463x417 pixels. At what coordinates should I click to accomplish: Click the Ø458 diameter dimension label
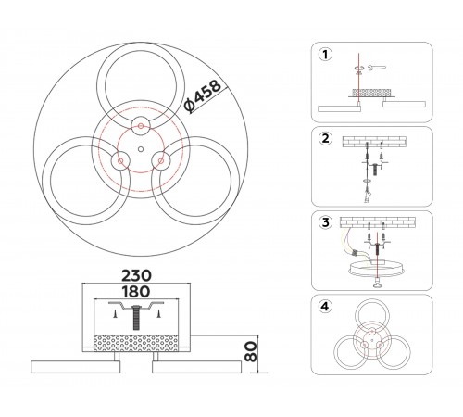click(x=203, y=96)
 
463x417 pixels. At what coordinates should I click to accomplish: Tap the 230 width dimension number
click(x=136, y=275)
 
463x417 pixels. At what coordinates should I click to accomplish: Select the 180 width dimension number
click(x=136, y=292)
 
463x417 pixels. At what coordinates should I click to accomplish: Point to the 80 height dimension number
click(x=251, y=351)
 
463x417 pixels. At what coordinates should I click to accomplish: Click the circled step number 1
click(x=325, y=55)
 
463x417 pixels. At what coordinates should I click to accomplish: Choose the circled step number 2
click(x=325, y=138)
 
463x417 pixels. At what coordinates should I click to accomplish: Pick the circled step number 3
click(x=325, y=222)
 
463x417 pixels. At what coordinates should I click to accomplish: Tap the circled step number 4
click(x=325, y=307)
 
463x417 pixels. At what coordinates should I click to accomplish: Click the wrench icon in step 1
click(x=377, y=68)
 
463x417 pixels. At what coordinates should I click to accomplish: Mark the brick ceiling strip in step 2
click(x=374, y=142)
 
